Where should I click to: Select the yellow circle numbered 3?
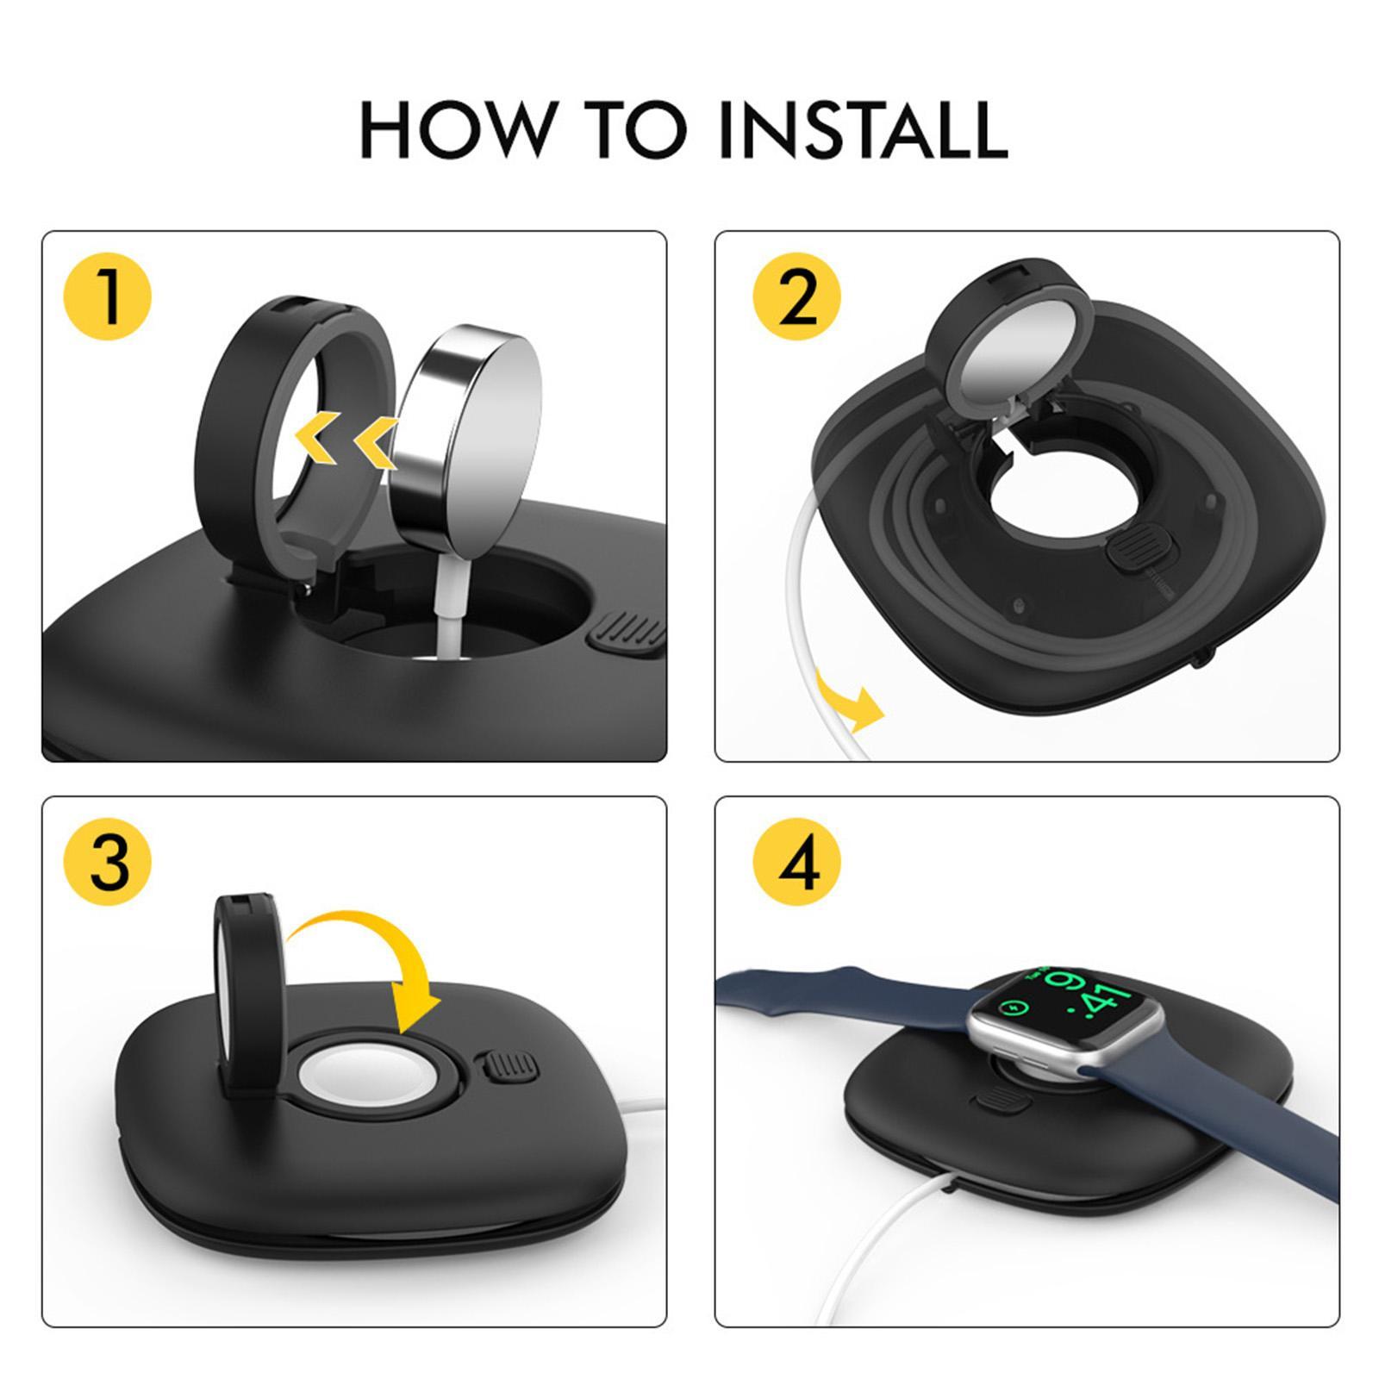tap(108, 862)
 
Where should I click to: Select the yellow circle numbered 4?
tap(796, 862)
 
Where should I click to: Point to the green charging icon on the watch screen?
tap(1010, 1006)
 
